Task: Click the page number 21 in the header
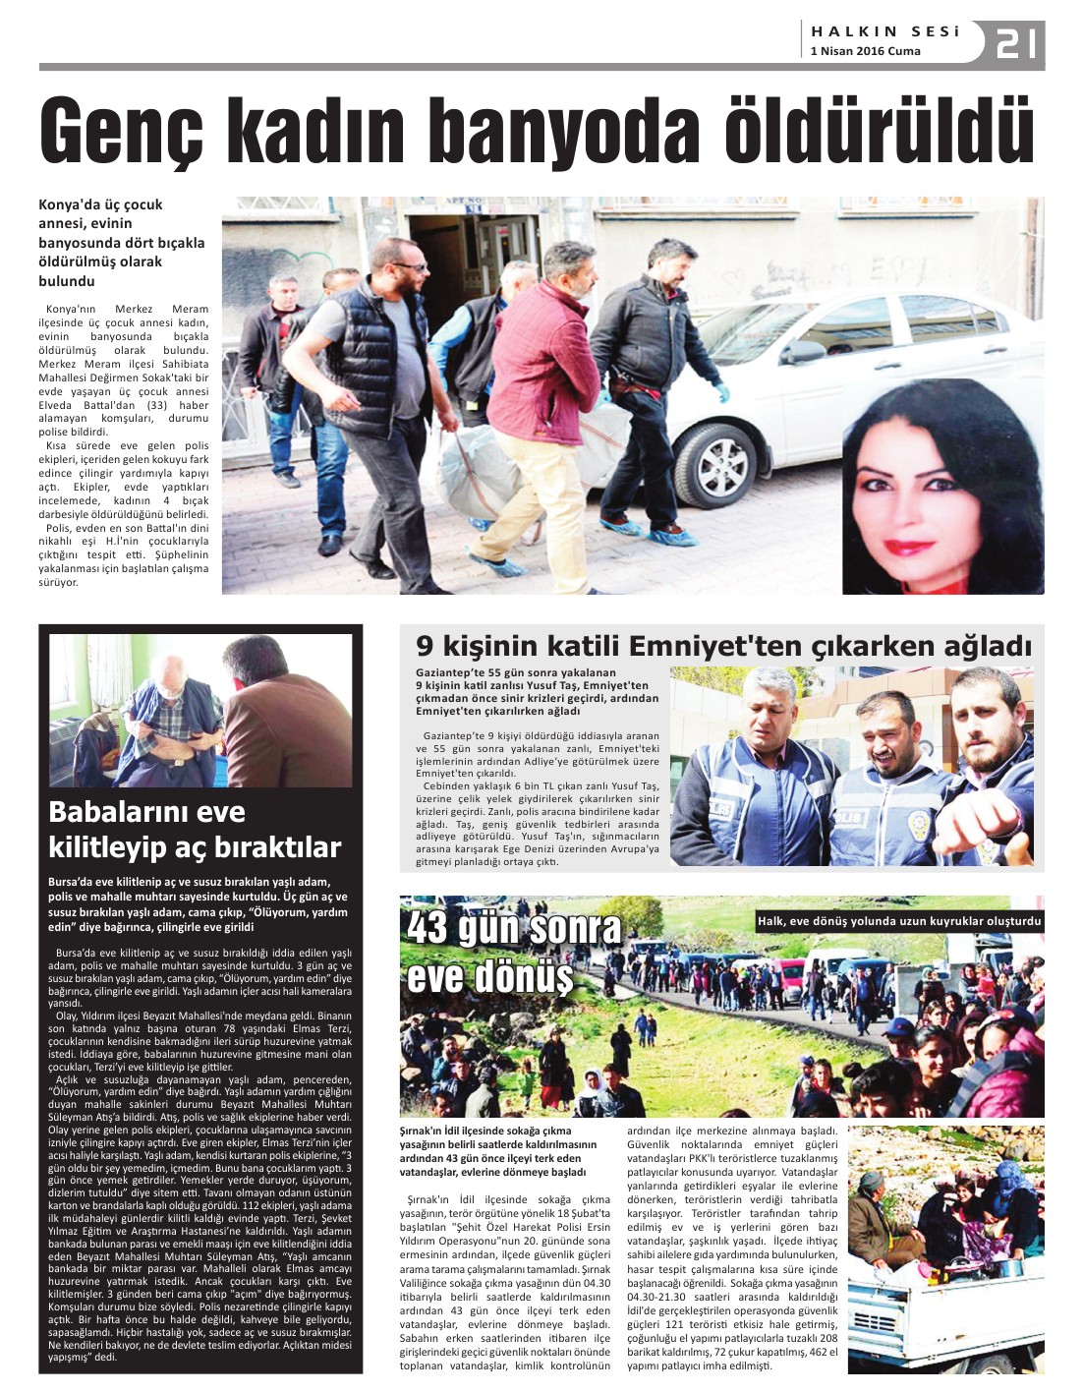(1017, 43)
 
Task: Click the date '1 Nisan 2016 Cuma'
(865, 51)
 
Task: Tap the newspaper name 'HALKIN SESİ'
(884, 31)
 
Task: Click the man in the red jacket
(545, 393)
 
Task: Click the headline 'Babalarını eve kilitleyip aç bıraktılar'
(195, 829)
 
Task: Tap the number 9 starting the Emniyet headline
(425, 646)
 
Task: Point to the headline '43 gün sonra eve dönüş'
(514, 952)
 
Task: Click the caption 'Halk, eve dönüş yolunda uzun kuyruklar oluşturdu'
(898, 921)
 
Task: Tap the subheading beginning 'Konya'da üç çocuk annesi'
(122, 242)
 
